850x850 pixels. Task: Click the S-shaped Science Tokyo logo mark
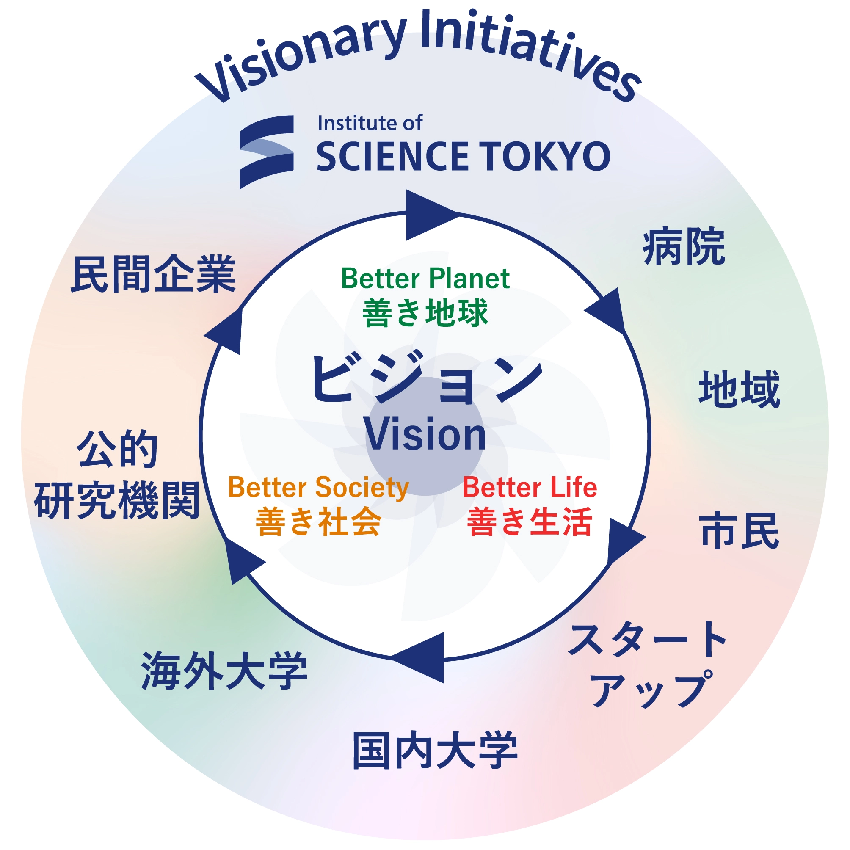click(267, 152)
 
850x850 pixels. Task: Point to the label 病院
click(684, 246)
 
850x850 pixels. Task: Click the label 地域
click(740, 389)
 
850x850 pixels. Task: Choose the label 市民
click(740, 530)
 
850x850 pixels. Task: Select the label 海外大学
click(224, 671)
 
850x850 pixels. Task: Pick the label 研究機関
click(117, 500)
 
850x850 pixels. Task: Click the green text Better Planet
click(425, 279)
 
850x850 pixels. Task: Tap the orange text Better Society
click(318, 488)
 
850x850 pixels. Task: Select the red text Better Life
click(530, 488)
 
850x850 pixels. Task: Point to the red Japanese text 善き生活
click(530, 522)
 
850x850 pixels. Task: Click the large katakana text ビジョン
click(427, 379)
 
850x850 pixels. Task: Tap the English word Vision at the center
click(425, 435)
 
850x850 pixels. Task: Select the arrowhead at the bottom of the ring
click(417, 658)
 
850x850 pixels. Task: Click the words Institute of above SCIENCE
click(370, 123)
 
